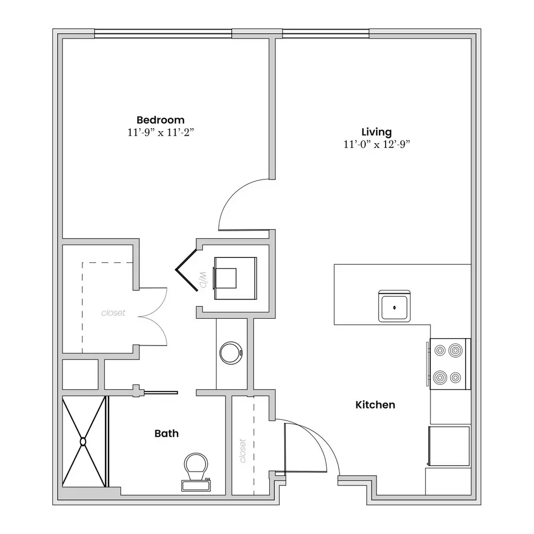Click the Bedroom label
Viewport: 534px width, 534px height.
[160, 120]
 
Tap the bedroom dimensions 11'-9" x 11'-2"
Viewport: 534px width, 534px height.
[161, 132]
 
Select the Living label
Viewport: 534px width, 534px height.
[376, 132]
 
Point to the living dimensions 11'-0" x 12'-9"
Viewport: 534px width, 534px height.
[376, 144]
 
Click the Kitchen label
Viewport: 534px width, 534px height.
[375, 405]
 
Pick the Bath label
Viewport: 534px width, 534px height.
[167, 433]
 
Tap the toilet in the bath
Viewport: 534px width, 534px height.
[196, 472]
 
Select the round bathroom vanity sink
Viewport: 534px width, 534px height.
[231, 353]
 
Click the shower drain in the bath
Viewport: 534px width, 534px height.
[83, 442]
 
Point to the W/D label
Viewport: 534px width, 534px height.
[203, 280]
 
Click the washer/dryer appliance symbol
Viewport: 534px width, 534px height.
[235, 279]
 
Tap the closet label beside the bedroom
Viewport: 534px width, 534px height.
[113, 312]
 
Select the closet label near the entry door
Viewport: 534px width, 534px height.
[243, 451]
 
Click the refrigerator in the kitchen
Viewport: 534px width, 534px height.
[449, 446]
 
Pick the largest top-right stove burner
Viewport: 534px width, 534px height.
[456, 350]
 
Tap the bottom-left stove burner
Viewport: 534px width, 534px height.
[440, 378]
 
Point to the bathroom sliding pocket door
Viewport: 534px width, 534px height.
[161, 393]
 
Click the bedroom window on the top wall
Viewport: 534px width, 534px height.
[163, 33]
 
